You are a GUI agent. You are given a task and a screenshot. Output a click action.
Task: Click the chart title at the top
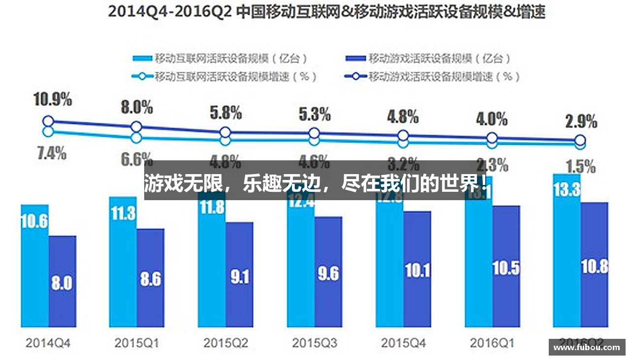[x=326, y=11]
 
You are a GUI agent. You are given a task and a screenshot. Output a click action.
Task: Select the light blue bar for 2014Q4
[x=34, y=266]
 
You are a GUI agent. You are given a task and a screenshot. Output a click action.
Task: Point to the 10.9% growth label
[x=53, y=99]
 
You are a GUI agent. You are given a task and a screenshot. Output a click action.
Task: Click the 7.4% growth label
[x=51, y=153]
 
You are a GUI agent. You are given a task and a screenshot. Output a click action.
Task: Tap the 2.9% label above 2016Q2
[x=581, y=121]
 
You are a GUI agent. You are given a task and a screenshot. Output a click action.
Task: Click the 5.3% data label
[x=315, y=115]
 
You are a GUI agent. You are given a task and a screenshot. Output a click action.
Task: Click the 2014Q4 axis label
[x=48, y=343]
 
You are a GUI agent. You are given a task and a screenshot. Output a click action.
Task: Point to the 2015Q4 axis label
[x=403, y=343]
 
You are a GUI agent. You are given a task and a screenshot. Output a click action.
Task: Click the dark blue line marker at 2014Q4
[x=48, y=121]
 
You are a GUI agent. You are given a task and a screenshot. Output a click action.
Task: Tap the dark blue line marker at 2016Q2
[x=581, y=140]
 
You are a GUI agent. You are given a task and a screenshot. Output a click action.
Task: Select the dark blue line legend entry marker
[x=356, y=76]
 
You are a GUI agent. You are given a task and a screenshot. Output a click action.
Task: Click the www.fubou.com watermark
[x=587, y=347]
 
